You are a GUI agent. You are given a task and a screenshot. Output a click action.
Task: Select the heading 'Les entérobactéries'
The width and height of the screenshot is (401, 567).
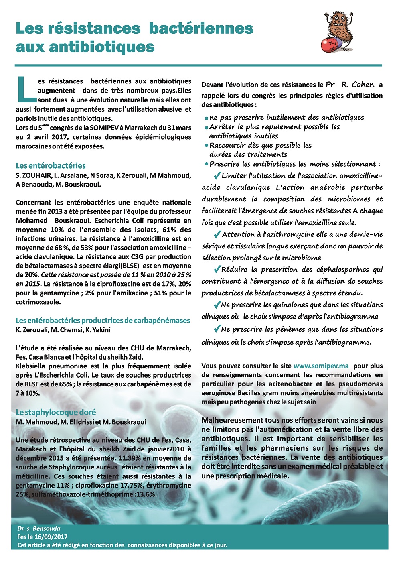(51, 165)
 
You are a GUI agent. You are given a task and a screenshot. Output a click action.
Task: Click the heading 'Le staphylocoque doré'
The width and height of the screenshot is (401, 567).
(56, 412)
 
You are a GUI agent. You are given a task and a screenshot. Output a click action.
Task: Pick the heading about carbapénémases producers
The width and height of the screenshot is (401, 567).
(103, 320)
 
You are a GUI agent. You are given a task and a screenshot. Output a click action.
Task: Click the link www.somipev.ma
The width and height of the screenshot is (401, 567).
(321, 366)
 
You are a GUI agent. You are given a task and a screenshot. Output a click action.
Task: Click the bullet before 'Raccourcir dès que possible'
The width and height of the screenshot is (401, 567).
(206, 145)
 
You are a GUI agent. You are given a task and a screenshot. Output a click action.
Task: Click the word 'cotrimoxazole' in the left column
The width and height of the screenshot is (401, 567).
(38, 302)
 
